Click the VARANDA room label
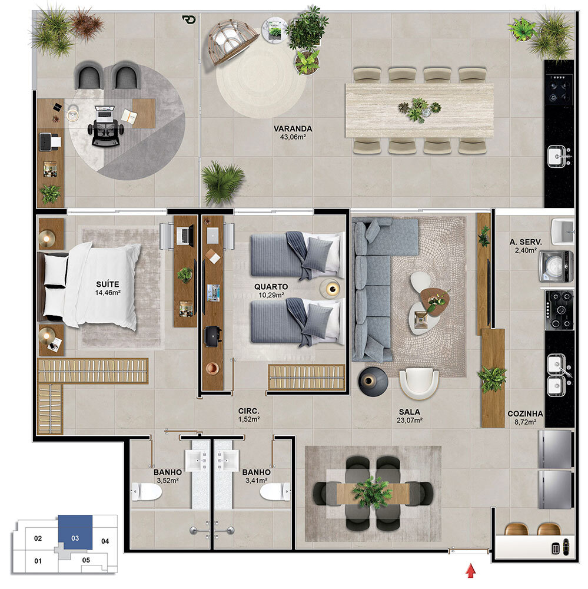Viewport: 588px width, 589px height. click(x=293, y=128)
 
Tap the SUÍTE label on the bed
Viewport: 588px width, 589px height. click(x=107, y=284)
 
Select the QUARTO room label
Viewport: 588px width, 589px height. click(x=271, y=287)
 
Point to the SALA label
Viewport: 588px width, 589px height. click(x=409, y=412)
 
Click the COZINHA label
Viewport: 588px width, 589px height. click(x=525, y=413)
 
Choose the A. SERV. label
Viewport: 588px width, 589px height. click(x=525, y=242)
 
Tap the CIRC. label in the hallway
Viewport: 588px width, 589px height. click(x=248, y=411)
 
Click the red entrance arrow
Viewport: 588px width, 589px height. click(x=471, y=570)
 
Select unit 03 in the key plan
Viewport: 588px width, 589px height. click(x=75, y=532)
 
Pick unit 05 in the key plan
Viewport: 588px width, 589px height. click(x=86, y=560)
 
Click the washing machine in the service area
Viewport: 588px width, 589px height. click(x=556, y=267)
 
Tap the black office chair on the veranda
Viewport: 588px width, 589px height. click(x=105, y=127)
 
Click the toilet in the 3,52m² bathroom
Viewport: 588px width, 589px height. click(x=147, y=492)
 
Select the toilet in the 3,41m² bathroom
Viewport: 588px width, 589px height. click(x=275, y=492)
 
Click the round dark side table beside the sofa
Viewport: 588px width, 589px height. click(x=373, y=382)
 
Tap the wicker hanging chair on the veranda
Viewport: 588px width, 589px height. click(x=231, y=42)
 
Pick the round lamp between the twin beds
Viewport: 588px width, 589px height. click(x=330, y=289)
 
